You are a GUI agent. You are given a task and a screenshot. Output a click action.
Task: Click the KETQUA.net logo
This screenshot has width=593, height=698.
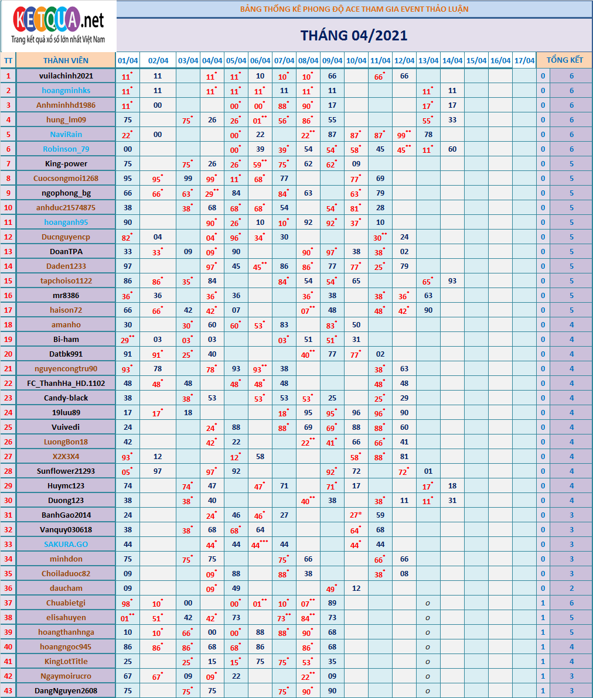point(59,26)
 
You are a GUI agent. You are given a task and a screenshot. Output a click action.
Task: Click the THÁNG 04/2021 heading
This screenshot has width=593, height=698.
point(354,35)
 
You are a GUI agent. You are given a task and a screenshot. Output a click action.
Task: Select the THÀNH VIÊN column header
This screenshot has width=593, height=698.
point(66,61)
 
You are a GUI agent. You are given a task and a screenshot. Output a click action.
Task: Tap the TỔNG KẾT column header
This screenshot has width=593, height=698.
point(564,60)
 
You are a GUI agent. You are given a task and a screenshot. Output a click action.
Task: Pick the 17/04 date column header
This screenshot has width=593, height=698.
point(524,61)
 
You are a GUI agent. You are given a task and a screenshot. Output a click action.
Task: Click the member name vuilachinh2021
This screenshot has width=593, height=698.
point(66,76)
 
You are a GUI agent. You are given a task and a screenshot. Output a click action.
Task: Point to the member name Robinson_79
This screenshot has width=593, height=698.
point(66,149)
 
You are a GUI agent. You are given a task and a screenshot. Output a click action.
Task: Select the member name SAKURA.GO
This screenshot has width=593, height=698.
point(66,544)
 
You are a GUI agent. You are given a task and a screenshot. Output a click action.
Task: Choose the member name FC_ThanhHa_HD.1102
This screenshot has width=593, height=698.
point(66,383)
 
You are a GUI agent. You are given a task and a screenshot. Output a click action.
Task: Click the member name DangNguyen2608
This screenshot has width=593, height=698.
point(66,690)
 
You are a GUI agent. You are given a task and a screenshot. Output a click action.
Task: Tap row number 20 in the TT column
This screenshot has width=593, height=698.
point(8,354)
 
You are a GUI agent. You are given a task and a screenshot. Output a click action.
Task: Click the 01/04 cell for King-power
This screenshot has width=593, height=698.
point(128,163)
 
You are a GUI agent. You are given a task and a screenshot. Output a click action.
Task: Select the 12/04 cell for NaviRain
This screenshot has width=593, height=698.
point(404,134)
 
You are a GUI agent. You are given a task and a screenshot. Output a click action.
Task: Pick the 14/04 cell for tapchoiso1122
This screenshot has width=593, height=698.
point(452,280)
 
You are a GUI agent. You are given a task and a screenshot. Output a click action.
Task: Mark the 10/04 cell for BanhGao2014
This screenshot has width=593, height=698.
point(356,515)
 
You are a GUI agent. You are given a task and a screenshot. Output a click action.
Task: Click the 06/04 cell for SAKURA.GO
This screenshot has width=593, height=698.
point(260,544)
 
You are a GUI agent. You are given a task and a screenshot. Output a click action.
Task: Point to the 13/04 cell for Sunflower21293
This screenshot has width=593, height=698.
point(428,471)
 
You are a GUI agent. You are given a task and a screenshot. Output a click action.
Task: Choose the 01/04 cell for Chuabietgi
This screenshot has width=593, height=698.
point(128,603)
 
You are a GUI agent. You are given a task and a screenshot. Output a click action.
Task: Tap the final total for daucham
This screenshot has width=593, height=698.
point(571,588)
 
